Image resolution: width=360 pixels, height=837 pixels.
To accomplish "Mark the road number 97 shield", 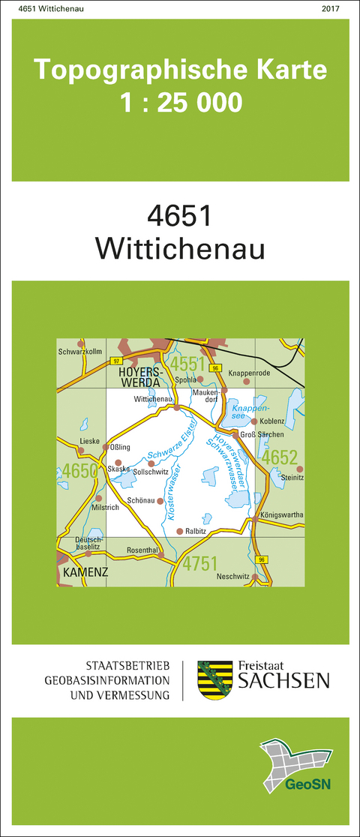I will [115, 361].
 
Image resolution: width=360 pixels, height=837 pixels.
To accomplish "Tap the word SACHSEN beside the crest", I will [283, 681].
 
